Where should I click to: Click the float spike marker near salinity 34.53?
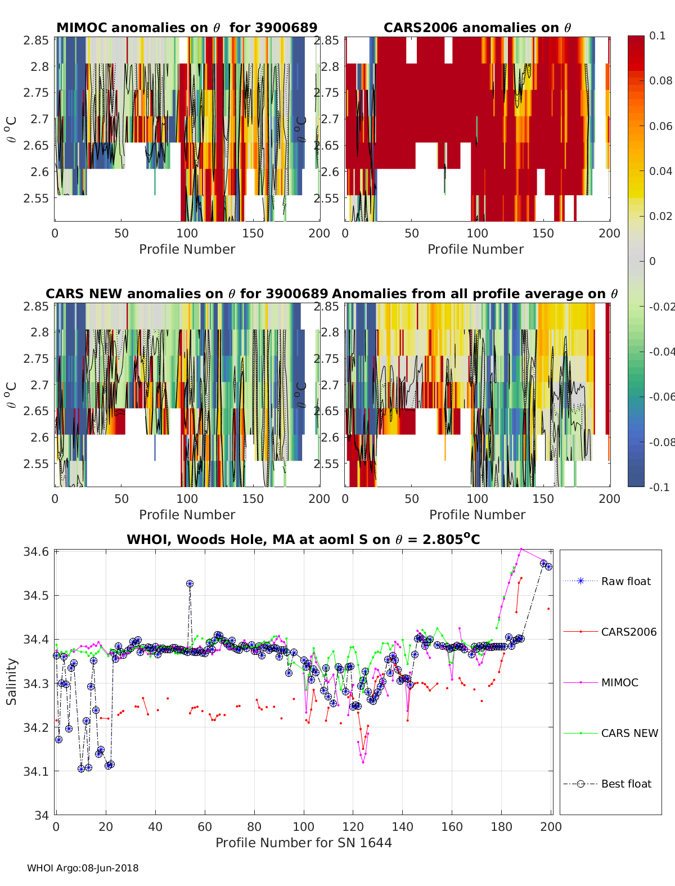pos(190,584)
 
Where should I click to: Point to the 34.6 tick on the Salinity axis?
pos(36,552)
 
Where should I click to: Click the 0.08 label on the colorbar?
pos(660,80)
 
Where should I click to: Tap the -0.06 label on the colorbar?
pos(660,397)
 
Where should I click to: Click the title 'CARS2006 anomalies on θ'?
pos(477,28)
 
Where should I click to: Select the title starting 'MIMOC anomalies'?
pos(187,28)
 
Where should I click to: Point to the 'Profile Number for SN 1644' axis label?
pos(303,843)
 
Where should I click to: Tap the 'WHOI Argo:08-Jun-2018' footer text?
pos(83,868)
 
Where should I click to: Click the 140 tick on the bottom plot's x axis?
pos(403,826)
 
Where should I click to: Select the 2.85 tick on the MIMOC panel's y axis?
pos(36,41)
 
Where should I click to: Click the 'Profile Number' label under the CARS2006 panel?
pos(475,249)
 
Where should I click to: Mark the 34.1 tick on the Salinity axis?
pos(36,771)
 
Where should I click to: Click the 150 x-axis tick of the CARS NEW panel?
pos(253,499)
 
